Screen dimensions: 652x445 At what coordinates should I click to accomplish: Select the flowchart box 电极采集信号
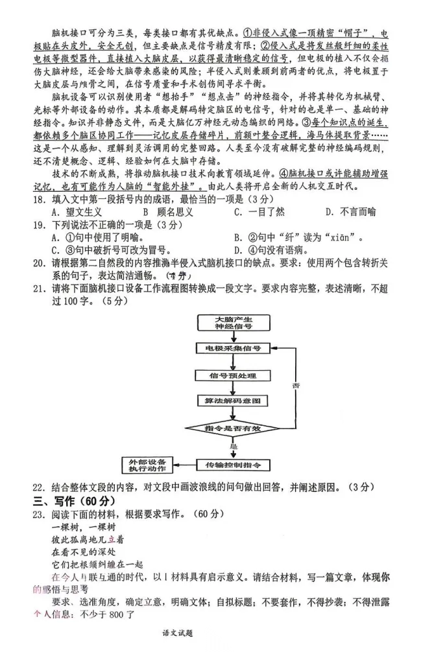click(233, 349)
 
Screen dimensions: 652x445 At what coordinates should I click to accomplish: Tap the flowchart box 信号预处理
click(233, 375)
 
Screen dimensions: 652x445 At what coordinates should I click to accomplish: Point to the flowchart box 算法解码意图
click(233, 402)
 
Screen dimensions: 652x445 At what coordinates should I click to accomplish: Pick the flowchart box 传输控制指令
click(233, 466)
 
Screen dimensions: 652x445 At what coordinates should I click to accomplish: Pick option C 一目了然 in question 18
click(259, 212)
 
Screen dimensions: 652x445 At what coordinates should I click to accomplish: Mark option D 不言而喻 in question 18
click(350, 212)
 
